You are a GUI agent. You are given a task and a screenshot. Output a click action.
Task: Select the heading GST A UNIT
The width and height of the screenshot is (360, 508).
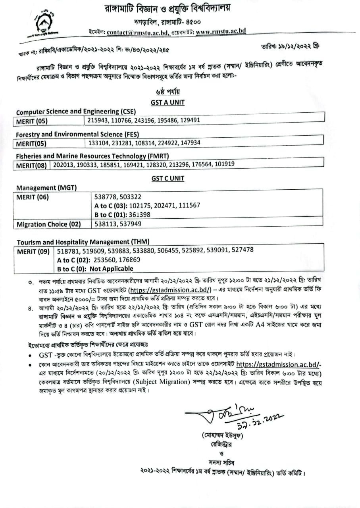click(x=167, y=102)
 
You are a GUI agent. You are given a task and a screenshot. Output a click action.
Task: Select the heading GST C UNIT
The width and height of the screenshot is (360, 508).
click(x=167, y=179)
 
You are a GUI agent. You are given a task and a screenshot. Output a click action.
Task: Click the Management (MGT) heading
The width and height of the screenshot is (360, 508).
click(x=47, y=188)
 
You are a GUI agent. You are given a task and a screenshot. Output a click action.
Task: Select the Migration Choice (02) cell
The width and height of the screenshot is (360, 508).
click(x=48, y=224)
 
